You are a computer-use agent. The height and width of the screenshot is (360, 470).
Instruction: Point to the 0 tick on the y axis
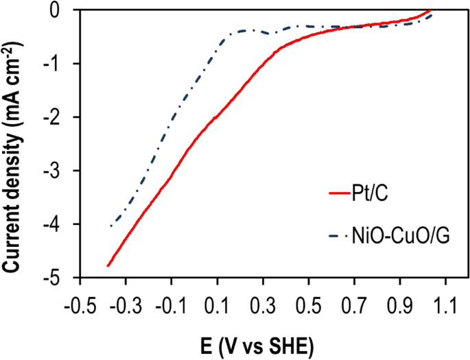(x=62, y=10)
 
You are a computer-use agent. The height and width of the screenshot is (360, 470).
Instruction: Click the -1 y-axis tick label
(x=58, y=64)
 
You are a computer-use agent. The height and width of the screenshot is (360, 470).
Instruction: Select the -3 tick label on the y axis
(x=58, y=171)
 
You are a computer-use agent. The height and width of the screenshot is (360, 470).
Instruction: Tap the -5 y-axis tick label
(x=58, y=278)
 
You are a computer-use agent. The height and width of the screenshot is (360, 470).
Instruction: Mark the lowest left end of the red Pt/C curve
(x=108, y=265)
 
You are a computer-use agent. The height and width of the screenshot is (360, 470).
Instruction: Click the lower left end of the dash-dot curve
(x=111, y=226)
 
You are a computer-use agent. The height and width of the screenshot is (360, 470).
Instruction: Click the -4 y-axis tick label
(x=58, y=224)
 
